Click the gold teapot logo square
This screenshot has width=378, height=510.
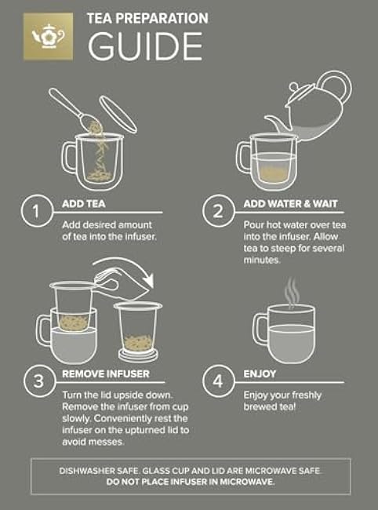coord(48,36)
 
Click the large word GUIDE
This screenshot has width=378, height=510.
coord(145,46)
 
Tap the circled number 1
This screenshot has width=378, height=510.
coord(37,211)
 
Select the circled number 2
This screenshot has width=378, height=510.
coord(218,211)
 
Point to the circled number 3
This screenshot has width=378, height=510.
coord(39,381)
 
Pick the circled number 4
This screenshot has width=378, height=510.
coord(218,381)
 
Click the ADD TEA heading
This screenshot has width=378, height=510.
coord(84,204)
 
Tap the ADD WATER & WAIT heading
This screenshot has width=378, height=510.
coord(291,204)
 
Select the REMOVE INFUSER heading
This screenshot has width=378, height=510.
coord(106,373)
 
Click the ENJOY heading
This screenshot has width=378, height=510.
coord(260,373)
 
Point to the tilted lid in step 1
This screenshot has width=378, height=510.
coord(118,115)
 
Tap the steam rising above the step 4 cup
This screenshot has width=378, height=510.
coord(291,292)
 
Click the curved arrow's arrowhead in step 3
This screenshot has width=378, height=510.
coord(148,281)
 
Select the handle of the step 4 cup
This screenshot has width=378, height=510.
coord(260,329)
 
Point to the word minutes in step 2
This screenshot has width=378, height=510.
coord(262,260)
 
